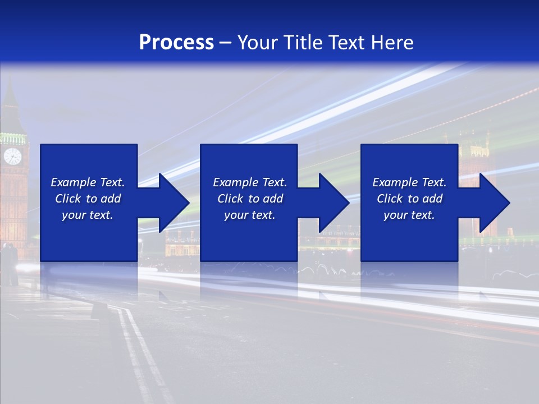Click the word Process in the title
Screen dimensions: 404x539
point(176,43)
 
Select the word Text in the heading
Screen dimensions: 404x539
point(346,43)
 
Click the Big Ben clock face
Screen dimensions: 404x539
point(12,156)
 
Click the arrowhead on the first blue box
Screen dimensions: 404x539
point(174,203)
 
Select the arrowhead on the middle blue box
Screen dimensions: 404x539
point(334,203)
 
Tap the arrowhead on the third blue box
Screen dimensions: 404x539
point(495,203)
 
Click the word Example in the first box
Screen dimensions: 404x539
point(73,182)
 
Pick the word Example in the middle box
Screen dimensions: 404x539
point(235,182)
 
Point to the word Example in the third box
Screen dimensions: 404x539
point(395,182)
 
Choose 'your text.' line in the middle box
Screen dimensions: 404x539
point(249,215)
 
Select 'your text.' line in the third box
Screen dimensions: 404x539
point(409,215)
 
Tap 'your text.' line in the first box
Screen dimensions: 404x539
point(87,215)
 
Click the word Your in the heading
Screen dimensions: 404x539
point(256,43)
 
